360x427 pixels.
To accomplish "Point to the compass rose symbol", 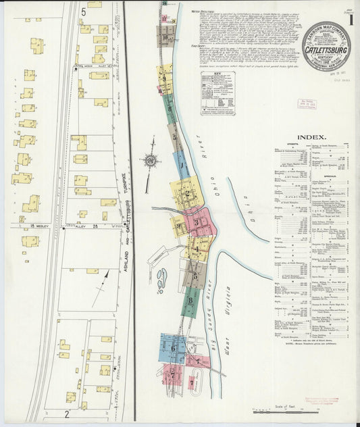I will [x=149, y=161].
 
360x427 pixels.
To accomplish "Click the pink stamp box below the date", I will [x=307, y=105].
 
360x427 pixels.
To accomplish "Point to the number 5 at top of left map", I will [x=84, y=11].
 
